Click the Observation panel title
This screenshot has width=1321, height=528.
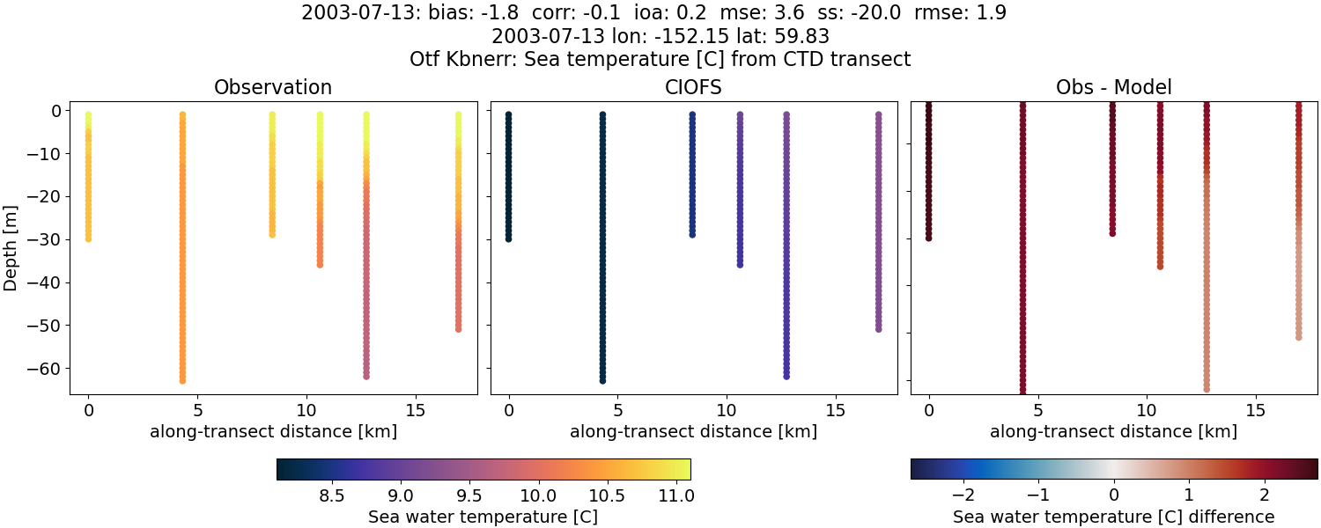273,87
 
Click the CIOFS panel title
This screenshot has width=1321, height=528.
693,87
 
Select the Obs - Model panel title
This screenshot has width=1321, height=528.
1113,87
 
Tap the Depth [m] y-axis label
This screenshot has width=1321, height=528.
11,246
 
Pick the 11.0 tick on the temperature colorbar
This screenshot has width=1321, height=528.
675,496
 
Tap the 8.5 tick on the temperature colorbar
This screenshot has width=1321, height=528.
332,496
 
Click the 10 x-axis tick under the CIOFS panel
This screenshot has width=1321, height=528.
727,410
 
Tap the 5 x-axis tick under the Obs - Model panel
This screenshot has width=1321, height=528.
1038,410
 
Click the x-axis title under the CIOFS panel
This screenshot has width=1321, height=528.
693,432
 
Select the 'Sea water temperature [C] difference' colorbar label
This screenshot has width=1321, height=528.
1113,517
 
